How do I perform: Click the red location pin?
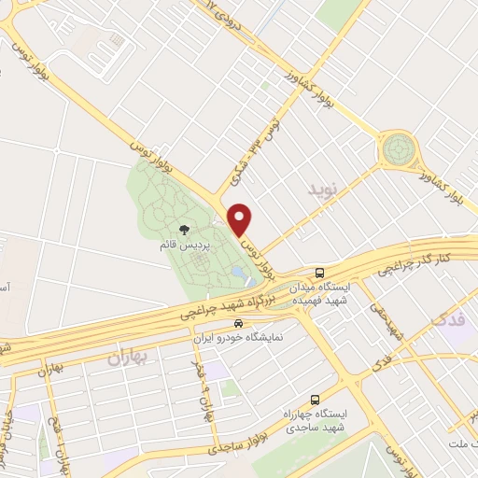coord(241,219)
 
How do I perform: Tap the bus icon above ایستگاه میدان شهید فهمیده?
coord(320,273)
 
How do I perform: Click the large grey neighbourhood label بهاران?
coord(128,356)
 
